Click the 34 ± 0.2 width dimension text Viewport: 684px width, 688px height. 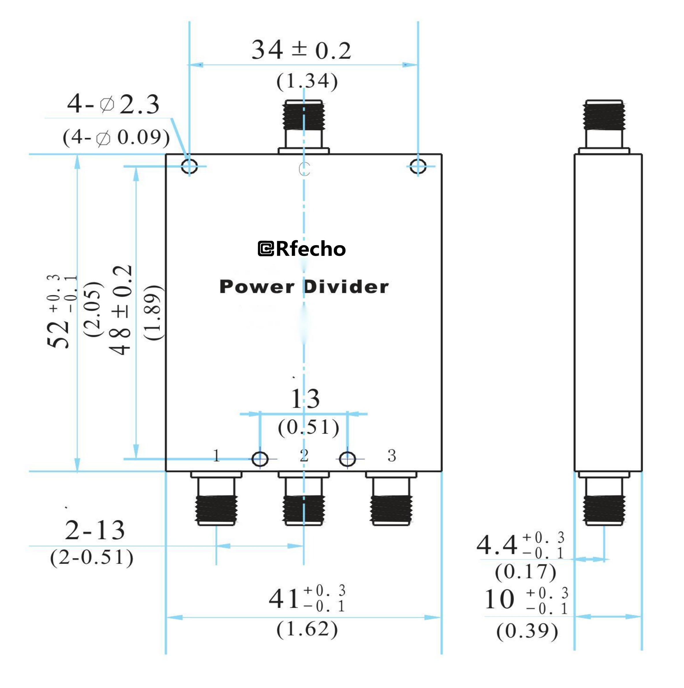(301, 50)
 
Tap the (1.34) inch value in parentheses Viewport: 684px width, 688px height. (307, 81)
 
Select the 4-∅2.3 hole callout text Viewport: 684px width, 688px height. (113, 104)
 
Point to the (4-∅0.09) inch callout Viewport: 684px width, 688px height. (116, 137)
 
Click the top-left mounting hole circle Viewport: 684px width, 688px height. (189, 166)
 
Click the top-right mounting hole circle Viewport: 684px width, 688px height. (417, 166)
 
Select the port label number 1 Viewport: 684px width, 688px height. (216, 456)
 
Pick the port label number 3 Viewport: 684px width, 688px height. (391, 456)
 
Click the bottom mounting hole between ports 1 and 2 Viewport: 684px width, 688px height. (260, 459)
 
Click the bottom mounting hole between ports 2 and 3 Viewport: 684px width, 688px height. (347, 459)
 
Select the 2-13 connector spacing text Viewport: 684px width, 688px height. (95, 531)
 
